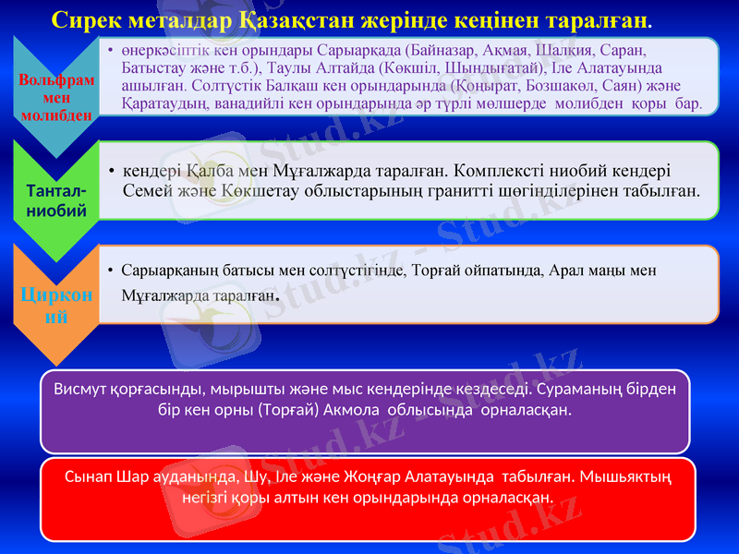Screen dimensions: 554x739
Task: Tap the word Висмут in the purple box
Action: click(84, 388)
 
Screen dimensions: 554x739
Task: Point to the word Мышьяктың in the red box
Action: click(624, 477)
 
